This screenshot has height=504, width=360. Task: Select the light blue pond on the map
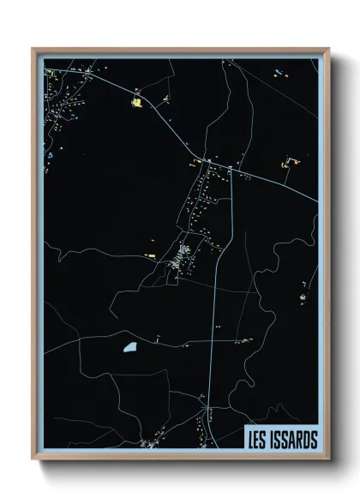(129, 348)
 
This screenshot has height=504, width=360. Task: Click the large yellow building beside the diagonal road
(135, 103)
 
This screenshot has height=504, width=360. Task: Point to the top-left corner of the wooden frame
(33, 49)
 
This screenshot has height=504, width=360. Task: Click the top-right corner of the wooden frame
(328, 49)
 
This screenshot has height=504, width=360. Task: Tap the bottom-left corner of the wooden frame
(33, 460)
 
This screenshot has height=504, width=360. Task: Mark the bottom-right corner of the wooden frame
(328, 460)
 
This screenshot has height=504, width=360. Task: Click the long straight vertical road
(213, 326)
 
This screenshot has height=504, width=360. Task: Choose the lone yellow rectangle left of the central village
(151, 255)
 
